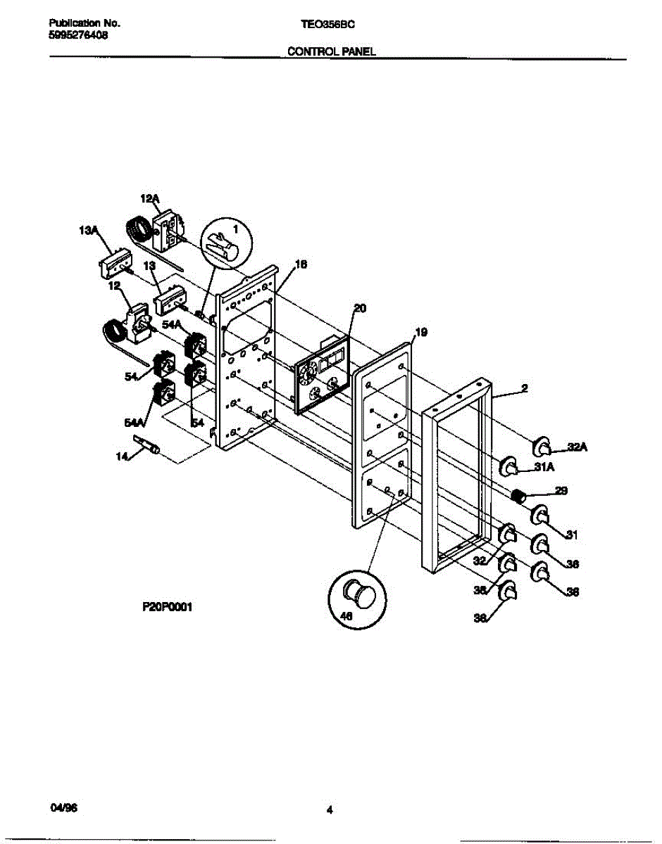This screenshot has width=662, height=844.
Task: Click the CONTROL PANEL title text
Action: click(330, 51)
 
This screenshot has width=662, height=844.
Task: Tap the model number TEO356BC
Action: click(327, 23)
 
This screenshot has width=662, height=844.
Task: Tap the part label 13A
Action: click(88, 229)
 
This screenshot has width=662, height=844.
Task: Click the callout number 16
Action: click(300, 265)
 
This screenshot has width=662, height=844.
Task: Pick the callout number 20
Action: click(360, 307)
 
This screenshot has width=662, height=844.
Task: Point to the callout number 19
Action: click(420, 331)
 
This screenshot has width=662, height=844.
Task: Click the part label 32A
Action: click(577, 445)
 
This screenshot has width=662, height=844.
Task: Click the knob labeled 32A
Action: click(541, 445)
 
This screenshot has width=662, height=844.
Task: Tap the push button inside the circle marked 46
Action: click(358, 595)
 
